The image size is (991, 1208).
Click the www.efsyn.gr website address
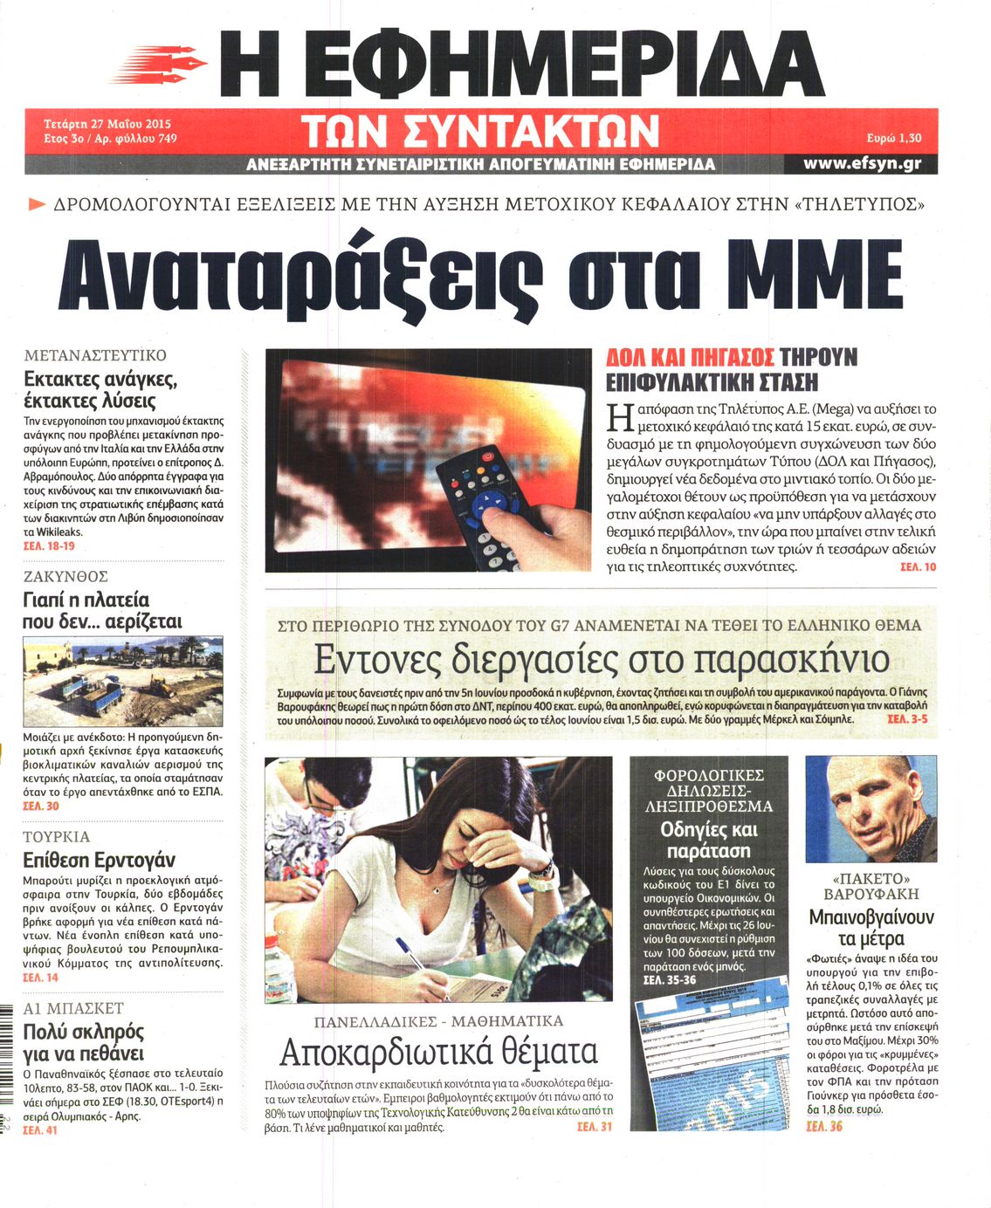point(862,163)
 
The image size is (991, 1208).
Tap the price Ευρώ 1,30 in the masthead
point(894,138)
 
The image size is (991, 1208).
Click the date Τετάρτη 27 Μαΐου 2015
point(107,124)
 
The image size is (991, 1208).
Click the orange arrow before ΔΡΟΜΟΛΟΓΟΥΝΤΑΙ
point(37,204)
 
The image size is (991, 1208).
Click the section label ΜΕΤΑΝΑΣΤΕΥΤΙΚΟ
point(95,355)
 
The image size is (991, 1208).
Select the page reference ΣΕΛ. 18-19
point(49,546)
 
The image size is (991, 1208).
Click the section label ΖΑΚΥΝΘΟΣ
point(66,576)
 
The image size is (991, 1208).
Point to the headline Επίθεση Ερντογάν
point(99,859)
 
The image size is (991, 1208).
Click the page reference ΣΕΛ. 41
point(40,1130)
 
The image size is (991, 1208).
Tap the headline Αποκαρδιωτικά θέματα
point(438,1052)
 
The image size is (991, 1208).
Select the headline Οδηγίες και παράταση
point(709,840)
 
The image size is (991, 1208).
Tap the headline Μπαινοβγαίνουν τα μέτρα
point(871,928)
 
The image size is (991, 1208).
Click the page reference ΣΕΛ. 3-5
point(907,719)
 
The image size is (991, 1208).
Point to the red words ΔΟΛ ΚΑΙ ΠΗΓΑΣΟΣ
point(690,357)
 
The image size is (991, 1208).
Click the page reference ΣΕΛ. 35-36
point(670,980)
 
